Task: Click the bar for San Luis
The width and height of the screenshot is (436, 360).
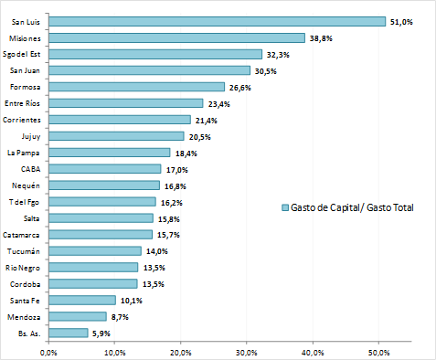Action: (x=217, y=21)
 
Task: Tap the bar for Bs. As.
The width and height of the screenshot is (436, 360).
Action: (x=69, y=333)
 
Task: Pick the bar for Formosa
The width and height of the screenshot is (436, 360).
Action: (x=136, y=87)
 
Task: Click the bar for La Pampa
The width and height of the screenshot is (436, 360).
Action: (x=110, y=153)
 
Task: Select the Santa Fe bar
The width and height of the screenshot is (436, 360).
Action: (x=82, y=300)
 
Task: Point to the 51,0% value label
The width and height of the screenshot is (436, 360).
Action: (x=401, y=21)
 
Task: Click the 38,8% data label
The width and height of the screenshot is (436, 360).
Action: (x=321, y=37)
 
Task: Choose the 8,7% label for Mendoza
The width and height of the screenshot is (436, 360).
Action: (x=121, y=317)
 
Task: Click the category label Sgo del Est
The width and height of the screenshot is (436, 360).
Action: (x=24, y=54)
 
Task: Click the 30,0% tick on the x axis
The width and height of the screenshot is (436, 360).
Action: (x=247, y=352)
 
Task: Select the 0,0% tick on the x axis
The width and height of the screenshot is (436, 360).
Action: (x=49, y=352)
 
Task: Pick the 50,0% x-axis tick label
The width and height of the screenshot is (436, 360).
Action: (x=378, y=352)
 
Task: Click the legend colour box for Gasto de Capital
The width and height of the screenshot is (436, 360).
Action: (x=285, y=208)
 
